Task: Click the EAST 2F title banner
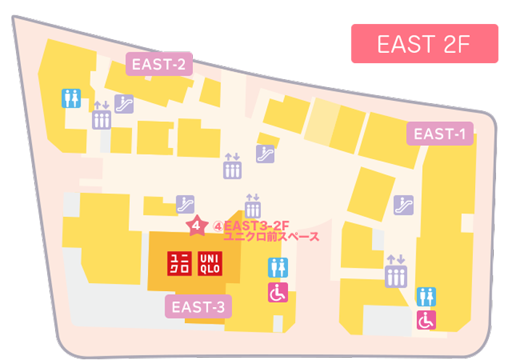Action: (424, 44)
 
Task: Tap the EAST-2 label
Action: (158, 65)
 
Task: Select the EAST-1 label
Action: (439, 134)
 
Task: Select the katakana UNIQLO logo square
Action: (179, 263)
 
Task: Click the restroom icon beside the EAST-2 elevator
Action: (71, 98)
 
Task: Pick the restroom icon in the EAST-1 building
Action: (426, 296)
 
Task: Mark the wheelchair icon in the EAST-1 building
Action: (426, 319)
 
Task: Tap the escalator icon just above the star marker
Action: (185, 203)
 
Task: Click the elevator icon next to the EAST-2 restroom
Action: (101, 115)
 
